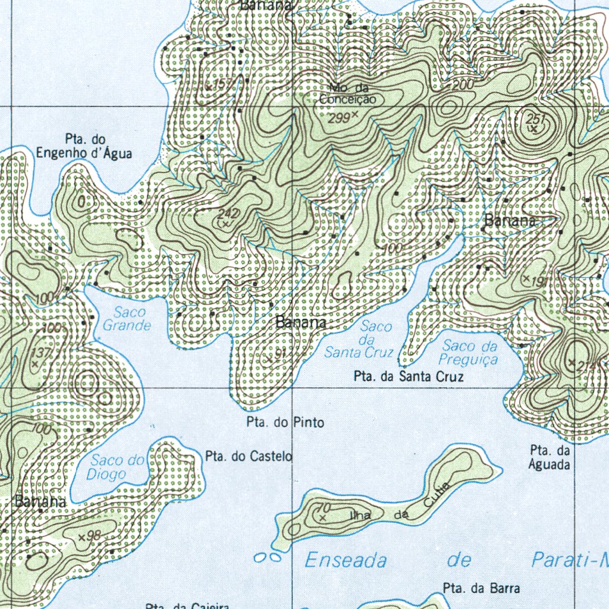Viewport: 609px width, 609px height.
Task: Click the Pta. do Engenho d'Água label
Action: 84,146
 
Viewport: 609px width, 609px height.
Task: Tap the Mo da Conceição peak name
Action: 348,94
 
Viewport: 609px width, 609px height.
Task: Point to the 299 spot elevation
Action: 340,118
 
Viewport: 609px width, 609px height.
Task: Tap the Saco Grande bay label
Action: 127,319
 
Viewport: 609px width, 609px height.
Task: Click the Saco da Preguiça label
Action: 469,353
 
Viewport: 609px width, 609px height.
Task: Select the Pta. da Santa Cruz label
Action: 408,376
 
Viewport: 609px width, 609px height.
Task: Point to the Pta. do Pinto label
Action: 285,423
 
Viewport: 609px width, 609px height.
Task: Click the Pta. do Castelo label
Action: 249,456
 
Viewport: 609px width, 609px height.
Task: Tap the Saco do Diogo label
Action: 116,467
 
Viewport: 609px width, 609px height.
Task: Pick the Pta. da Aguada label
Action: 550,457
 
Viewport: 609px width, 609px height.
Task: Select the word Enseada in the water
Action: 346,560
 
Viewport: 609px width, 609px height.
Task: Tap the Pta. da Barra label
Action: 481,589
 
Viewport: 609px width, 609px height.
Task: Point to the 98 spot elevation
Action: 93,536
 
